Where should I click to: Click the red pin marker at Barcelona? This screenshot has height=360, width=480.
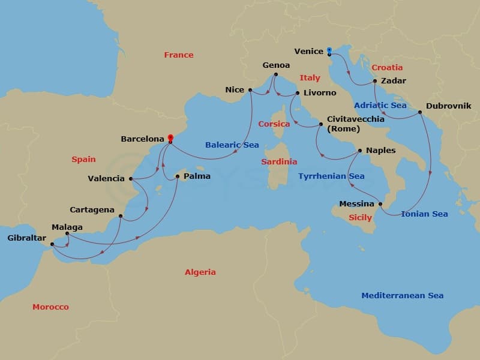(x=170, y=138)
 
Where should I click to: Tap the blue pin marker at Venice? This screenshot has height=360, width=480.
(x=329, y=51)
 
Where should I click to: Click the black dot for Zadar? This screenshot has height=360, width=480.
(x=374, y=81)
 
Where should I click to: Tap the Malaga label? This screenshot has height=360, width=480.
(x=67, y=227)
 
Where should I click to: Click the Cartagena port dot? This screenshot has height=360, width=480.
(x=121, y=216)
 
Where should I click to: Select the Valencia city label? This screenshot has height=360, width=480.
(x=106, y=178)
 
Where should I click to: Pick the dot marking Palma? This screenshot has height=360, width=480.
(x=177, y=176)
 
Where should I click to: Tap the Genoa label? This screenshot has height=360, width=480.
(x=276, y=65)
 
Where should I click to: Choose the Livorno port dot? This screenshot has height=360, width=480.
(x=297, y=93)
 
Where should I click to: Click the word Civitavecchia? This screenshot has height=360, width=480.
(x=355, y=119)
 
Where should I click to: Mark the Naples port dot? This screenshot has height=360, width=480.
(x=359, y=151)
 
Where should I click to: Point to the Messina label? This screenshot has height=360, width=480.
(x=356, y=204)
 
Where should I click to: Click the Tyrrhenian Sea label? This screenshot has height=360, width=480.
(x=331, y=176)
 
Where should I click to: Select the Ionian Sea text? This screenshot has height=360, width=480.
(x=424, y=214)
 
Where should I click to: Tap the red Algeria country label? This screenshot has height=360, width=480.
(x=200, y=272)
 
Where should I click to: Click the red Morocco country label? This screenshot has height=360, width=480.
(x=50, y=307)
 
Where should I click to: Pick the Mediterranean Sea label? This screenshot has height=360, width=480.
(x=402, y=295)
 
